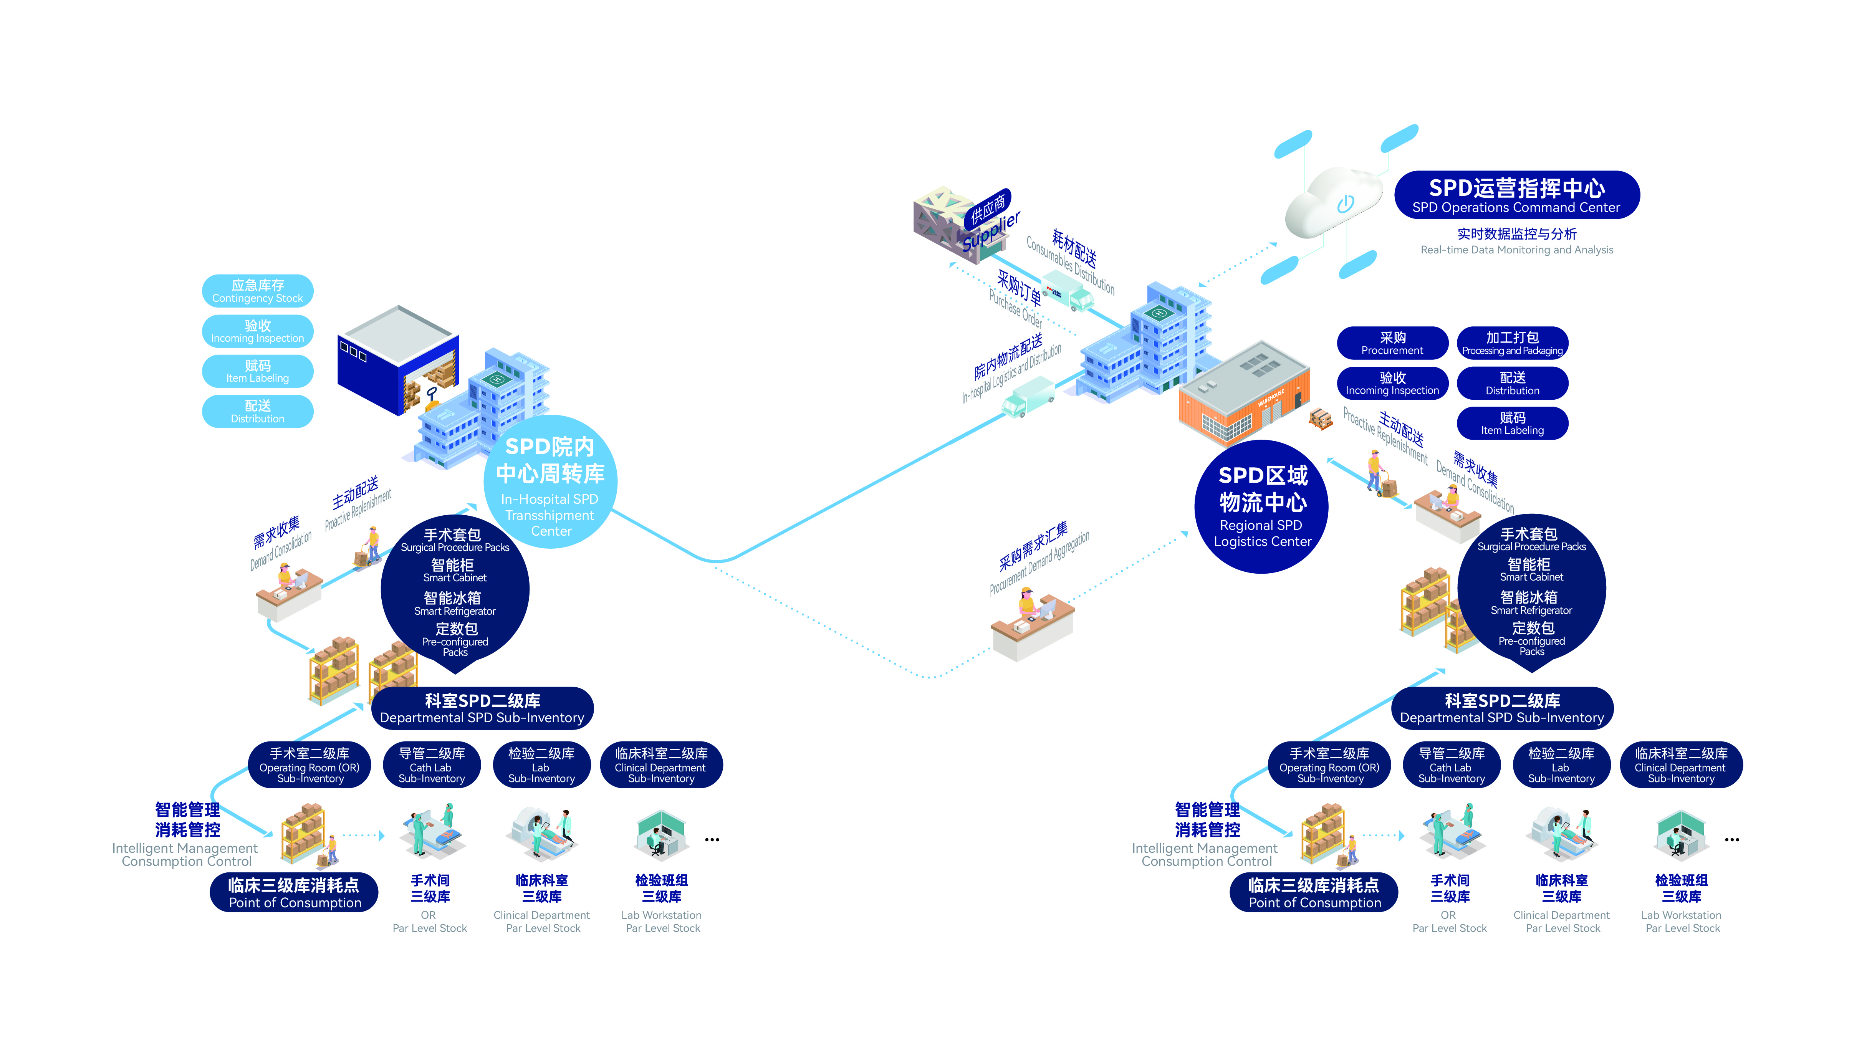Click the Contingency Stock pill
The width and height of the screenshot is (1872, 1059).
tap(257, 291)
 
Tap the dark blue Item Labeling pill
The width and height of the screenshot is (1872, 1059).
tap(1512, 423)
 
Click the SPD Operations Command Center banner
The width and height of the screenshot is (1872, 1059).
tap(1516, 195)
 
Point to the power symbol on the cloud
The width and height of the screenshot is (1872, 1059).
tap(1346, 204)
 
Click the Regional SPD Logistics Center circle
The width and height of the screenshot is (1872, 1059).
tap(1262, 507)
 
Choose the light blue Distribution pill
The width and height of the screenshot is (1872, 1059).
tap(257, 412)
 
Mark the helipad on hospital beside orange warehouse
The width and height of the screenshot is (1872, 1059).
tap(1159, 313)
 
